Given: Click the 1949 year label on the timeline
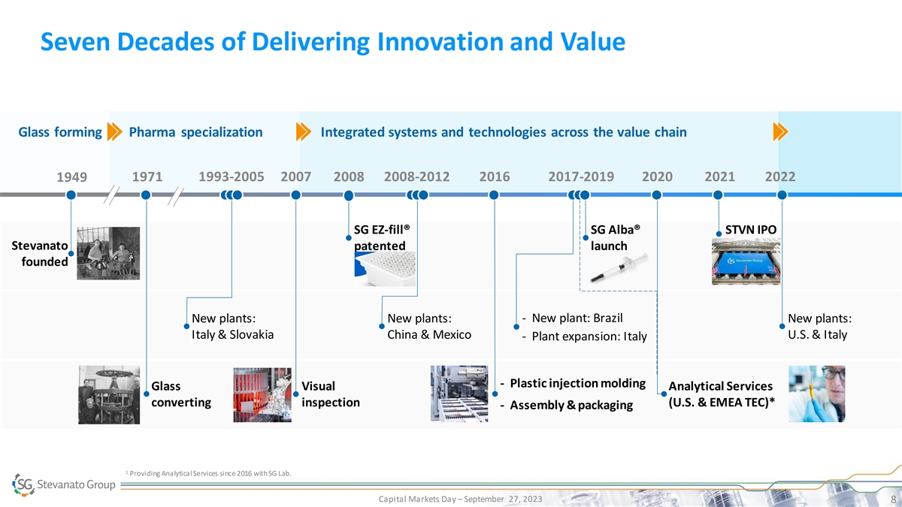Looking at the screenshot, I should click(71, 178).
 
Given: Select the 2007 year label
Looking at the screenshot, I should click(295, 177).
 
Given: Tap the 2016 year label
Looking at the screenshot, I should click(494, 177).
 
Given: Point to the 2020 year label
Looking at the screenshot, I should click(658, 177).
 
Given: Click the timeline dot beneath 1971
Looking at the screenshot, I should click(146, 195).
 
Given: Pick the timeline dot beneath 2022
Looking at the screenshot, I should click(782, 195).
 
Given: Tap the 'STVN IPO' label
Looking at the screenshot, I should click(750, 229).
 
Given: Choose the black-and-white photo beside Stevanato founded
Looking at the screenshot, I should click(108, 253).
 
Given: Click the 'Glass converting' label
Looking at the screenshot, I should click(181, 394).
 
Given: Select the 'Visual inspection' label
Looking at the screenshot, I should click(330, 394).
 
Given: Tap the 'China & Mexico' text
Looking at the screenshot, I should click(428, 334).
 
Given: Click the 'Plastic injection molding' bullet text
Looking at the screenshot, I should click(577, 384).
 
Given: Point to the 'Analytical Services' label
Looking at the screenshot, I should click(720, 386).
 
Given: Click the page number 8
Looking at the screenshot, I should click(890, 499).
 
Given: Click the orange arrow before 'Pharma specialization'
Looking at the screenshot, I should click(115, 132).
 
